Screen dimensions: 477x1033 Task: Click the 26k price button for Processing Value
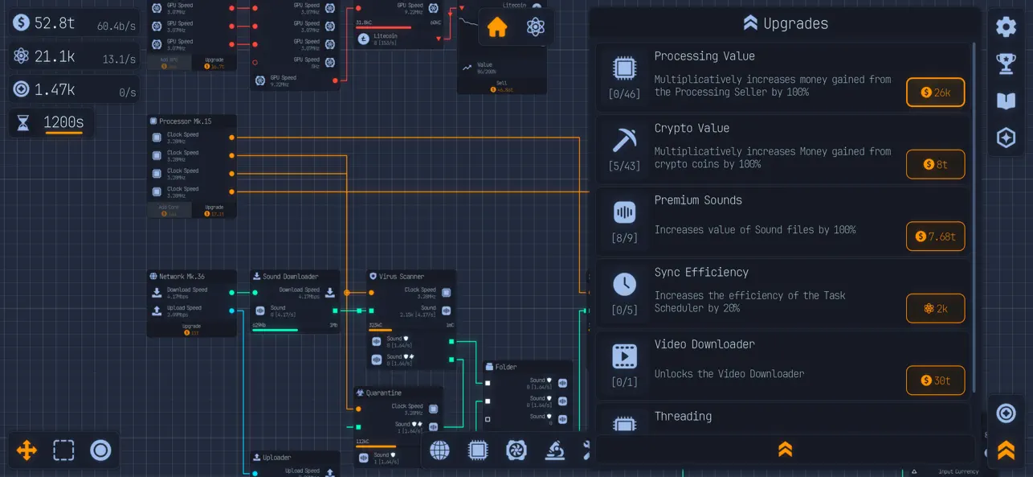[935, 93]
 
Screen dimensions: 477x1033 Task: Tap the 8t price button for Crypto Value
[935, 164]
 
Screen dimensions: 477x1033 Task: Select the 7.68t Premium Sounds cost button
[935, 236]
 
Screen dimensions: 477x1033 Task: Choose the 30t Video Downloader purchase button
[935, 380]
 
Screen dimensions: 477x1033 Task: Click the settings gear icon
[1006, 27]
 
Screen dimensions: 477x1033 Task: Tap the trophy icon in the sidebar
[1006, 64]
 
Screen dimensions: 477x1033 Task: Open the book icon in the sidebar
[1006, 101]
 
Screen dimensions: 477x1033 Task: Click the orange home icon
[497, 27]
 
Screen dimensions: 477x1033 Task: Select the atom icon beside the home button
[536, 27]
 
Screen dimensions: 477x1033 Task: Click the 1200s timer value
[63, 122]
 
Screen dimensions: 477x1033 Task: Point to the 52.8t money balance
[55, 23]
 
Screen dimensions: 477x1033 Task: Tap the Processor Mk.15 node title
[185, 121]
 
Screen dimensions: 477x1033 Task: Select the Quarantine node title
[384, 393]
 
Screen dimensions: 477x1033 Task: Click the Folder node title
[506, 367]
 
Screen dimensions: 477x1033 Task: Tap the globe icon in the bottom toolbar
[439, 450]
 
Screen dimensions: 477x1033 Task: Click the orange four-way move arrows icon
[27, 450]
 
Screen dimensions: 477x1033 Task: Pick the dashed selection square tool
[63, 450]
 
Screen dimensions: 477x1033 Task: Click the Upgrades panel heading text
[795, 23]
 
